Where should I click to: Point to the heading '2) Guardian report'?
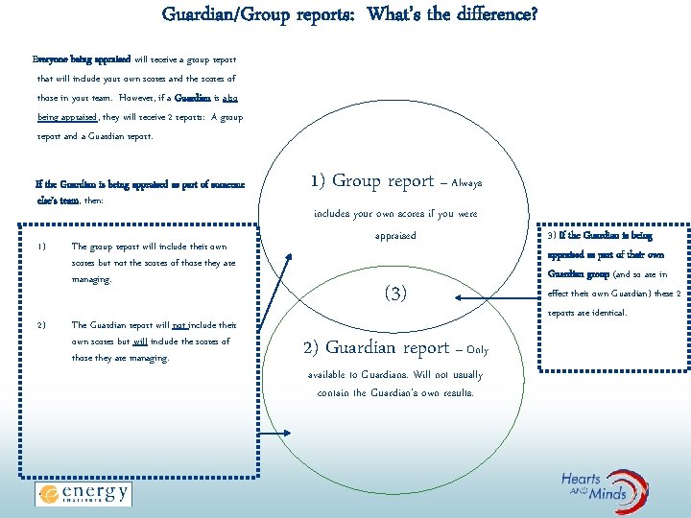pos(375,347)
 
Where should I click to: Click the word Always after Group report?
pos(466,182)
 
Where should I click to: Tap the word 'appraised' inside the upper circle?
pos(395,235)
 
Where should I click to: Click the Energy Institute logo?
pos(83,494)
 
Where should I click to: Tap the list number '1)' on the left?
pos(41,246)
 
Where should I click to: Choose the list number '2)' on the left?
pos(41,324)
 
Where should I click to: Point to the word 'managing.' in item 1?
pos(91,279)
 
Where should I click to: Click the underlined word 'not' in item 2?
pos(179,324)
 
